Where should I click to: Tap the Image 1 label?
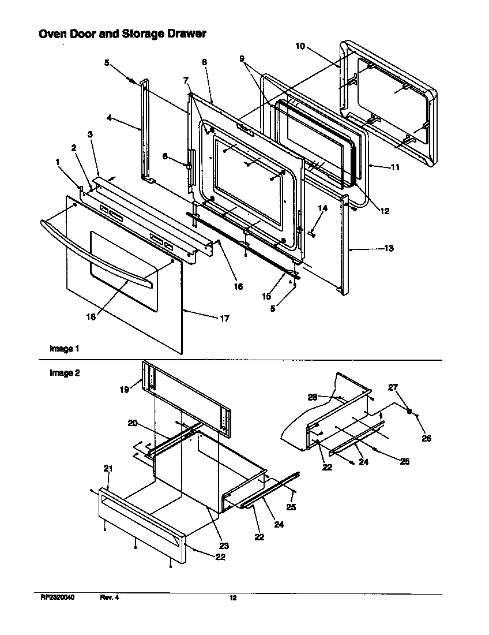click(64, 349)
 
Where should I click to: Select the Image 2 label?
click(64, 373)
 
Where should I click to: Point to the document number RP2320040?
click(58, 598)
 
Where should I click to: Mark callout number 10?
click(300, 46)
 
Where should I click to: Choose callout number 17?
click(224, 318)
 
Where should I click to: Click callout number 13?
click(389, 248)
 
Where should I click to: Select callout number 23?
click(224, 546)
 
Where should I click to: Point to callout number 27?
click(409, 387)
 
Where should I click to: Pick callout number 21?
click(107, 468)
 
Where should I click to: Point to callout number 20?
click(133, 423)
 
